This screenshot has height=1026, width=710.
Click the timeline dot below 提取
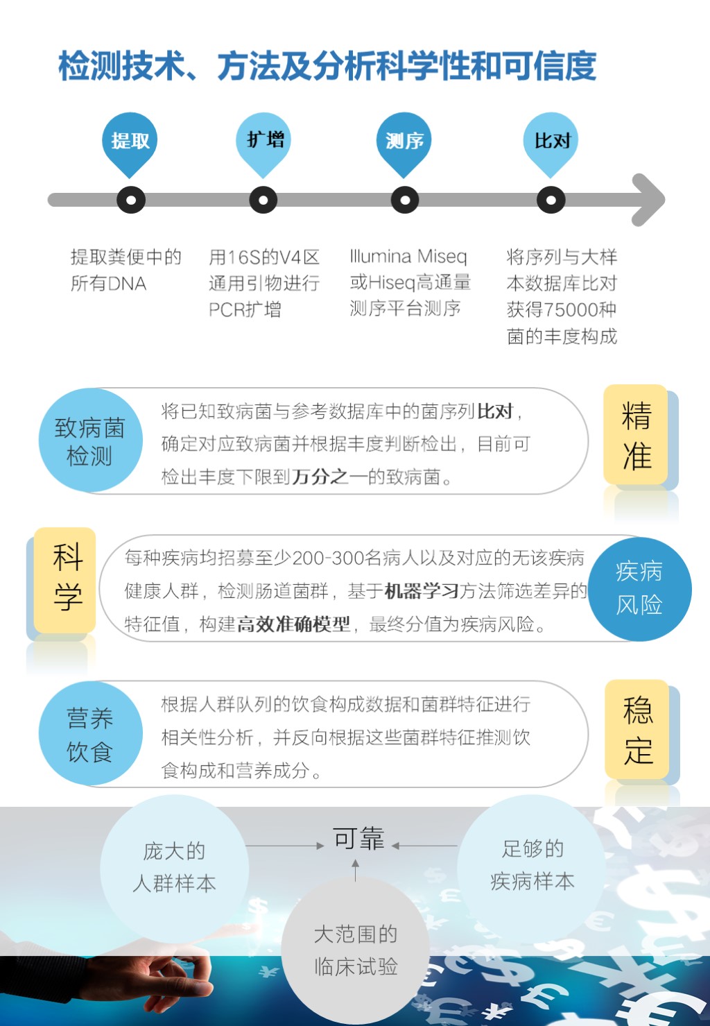point(131,200)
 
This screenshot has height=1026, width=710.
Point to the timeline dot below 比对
point(551,200)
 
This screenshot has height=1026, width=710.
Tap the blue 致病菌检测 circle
point(90,441)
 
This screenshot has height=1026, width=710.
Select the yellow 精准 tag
point(636,434)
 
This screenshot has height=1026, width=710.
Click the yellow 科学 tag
point(65,581)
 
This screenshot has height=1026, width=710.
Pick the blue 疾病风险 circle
point(639,589)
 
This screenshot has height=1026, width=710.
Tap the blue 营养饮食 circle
point(90,733)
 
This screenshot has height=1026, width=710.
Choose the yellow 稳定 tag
point(637,729)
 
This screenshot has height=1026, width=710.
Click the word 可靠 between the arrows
point(358,839)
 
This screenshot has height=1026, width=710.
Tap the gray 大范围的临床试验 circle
point(356,950)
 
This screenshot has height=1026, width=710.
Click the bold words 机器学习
point(422,591)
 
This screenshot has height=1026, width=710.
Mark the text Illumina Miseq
point(408,257)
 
